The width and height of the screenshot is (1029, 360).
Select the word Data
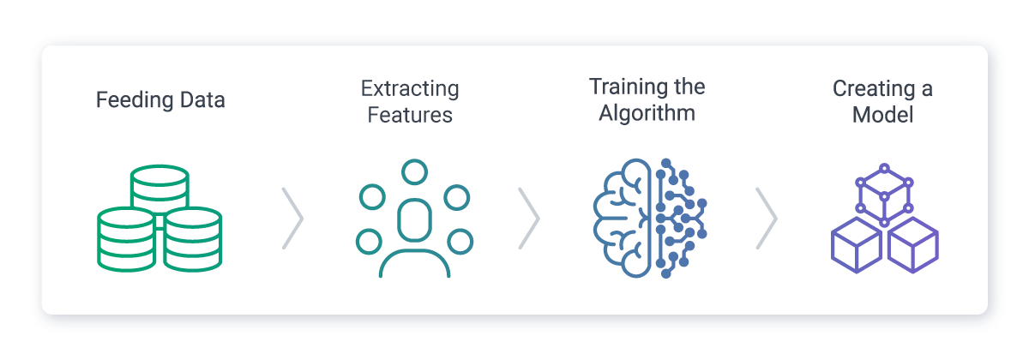click(202, 100)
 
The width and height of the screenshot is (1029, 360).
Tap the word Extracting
click(410, 89)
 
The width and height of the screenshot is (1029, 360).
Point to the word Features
click(410, 115)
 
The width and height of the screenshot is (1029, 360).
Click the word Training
click(628, 87)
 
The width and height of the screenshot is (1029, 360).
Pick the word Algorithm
click(647, 113)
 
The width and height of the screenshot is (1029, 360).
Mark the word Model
click(882, 115)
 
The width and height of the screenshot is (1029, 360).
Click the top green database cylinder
click(159, 189)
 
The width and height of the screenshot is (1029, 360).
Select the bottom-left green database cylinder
click(126, 239)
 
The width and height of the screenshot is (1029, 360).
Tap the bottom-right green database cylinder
click(193, 239)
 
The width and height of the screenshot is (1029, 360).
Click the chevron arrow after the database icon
click(292, 219)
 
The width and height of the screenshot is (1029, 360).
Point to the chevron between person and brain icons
click(529, 219)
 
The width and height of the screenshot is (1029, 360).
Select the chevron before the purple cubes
click(767, 219)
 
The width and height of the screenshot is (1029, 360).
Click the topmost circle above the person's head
click(414, 172)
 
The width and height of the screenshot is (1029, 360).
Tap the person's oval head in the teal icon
click(414, 220)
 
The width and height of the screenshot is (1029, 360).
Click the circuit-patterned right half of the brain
click(681, 219)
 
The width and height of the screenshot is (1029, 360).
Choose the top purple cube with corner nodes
click(884, 195)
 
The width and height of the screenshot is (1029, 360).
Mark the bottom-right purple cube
click(912, 245)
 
